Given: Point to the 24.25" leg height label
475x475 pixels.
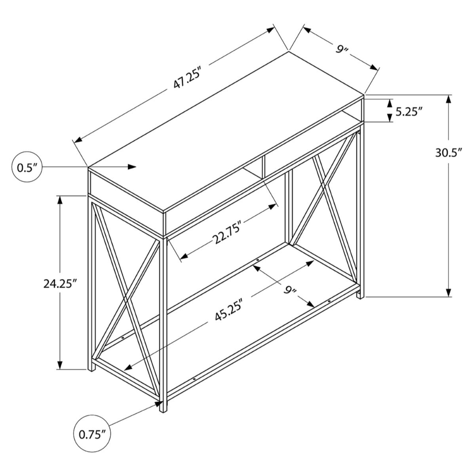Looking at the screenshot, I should point(60,283).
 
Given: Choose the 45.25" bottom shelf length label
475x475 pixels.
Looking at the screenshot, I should point(232,312).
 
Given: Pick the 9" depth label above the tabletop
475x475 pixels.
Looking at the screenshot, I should point(339,50).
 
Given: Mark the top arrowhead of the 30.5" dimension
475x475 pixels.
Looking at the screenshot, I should point(448,99).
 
